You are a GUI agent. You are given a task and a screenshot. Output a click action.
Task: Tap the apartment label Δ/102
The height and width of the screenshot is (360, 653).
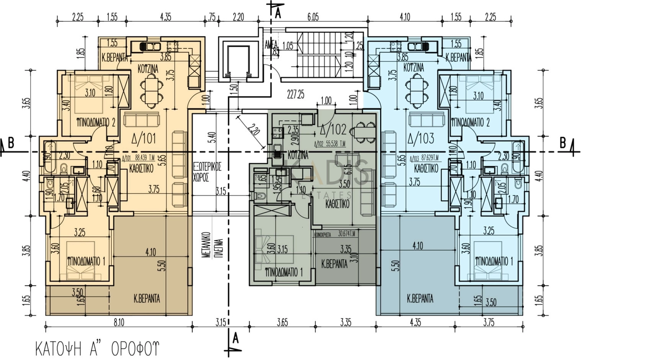pyautogui.click(x=333, y=130)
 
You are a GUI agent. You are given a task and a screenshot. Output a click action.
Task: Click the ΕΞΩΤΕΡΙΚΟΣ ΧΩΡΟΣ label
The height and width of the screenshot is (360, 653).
pyautogui.click(x=207, y=172)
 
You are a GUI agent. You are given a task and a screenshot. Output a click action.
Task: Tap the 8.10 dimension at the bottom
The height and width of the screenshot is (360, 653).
pyautogui.click(x=119, y=322)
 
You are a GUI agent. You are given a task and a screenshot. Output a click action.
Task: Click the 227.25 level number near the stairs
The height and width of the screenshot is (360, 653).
pyautogui.click(x=295, y=94)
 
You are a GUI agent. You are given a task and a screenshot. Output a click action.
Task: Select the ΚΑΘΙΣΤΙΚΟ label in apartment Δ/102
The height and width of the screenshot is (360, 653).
pyautogui.click(x=337, y=204)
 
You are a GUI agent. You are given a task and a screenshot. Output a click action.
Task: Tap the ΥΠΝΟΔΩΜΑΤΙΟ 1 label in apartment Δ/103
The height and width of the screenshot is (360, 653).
pyautogui.click(x=494, y=262)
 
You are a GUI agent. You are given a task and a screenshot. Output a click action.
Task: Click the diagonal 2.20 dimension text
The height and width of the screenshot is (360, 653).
pyautogui.click(x=253, y=130)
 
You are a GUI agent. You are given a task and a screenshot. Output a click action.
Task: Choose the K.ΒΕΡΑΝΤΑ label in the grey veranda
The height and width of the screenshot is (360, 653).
pyautogui.click(x=334, y=264)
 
